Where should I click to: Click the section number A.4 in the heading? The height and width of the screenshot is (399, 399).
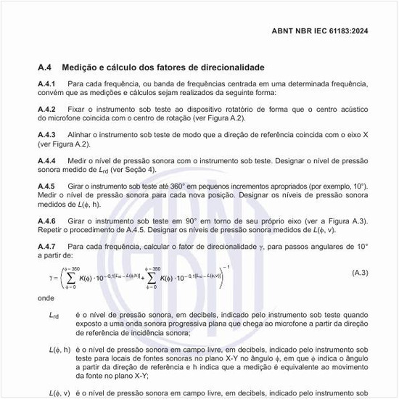(45, 67)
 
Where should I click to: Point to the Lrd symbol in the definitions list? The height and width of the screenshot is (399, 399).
(54, 315)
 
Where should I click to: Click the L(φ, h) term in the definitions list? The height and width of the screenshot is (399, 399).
(59, 350)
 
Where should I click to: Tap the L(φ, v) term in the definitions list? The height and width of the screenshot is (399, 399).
(59, 392)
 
